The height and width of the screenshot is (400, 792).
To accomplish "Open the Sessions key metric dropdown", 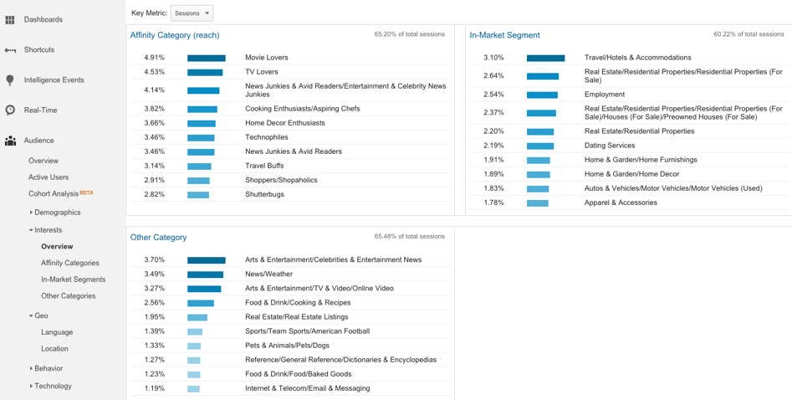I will tap(192, 13).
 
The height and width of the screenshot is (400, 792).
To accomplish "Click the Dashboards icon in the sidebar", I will tap(10, 19).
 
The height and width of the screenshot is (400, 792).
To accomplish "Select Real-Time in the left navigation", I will tap(40, 110).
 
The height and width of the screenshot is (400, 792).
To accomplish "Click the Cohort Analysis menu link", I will tap(54, 193).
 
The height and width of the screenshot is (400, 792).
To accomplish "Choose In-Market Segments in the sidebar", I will tap(74, 279).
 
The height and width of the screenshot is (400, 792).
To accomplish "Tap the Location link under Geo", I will tap(54, 349).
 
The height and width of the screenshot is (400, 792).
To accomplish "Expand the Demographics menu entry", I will tap(57, 213).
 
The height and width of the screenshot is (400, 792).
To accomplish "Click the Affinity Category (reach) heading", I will tap(175, 35).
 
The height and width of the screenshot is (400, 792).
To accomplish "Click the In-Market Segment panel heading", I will tap(504, 35).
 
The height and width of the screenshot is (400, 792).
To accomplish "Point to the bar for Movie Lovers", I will tap(206, 58).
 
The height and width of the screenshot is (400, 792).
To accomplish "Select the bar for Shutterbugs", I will tap(198, 195).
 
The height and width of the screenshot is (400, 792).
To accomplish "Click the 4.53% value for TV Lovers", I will tap(154, 72).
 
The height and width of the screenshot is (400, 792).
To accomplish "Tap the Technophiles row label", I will tap(268, 137).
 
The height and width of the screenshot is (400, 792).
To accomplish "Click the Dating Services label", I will tap(609, 146).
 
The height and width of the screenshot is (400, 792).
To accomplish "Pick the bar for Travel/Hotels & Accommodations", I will tap(545, 58).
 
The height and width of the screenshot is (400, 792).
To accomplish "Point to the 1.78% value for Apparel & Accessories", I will tap(493, 203).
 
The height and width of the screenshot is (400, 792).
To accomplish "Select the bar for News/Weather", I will tap(205, 274).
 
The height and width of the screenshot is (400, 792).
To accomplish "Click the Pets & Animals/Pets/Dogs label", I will tap(287, 346).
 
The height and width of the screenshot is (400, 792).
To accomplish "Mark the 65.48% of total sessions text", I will tap(410, 237).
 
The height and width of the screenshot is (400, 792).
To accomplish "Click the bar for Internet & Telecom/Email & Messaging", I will tap(193, 388).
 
